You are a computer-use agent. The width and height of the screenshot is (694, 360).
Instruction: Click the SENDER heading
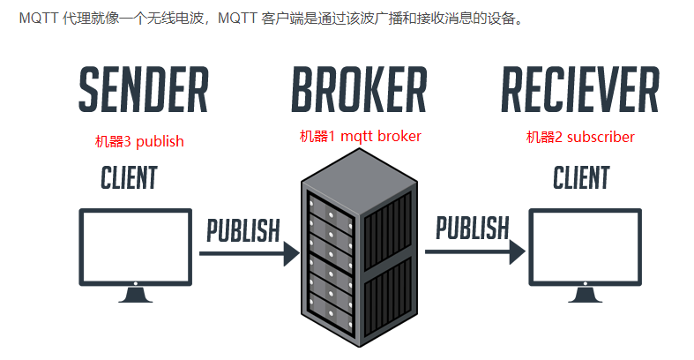click(x=143, y=89)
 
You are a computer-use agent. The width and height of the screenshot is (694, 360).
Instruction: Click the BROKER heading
click(x=359, y=89)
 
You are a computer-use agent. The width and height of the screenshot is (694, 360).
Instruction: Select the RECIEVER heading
click(x=579, y=89)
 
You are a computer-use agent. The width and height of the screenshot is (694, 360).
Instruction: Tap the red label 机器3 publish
click(x=140, y=141)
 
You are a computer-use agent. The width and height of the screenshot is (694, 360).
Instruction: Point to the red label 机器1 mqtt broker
click(x=360, y=137)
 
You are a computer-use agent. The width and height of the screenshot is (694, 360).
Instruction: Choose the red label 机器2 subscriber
click(x=580, y=137)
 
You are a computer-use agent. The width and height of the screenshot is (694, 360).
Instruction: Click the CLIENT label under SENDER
click(x=129, y=178)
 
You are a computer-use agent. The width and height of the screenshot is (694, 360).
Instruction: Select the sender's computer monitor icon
click(x=135, y=246)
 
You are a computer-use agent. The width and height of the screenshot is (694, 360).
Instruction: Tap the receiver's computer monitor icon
click(x=582, y=246)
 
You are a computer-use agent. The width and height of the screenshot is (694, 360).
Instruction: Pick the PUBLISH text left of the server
click(x=243, y=230)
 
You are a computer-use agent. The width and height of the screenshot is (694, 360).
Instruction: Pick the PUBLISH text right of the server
click(x=473, y=228)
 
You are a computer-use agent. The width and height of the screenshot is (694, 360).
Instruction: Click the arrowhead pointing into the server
click(x=290, y=254)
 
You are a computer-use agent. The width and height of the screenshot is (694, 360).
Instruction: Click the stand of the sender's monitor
click(x=135, y=294)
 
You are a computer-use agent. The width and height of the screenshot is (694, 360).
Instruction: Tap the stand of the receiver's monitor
click(x=582, y=294)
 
